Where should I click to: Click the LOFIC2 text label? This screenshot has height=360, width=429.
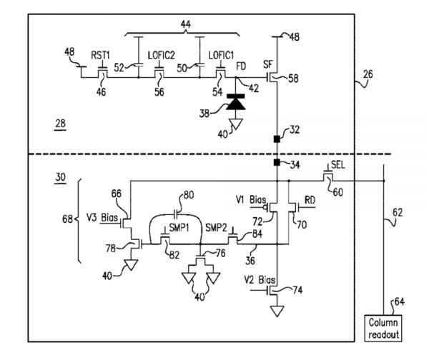pyautogui.click(x=162, y=54)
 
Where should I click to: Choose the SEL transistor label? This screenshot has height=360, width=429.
pyautogui.click(x=338, y=164)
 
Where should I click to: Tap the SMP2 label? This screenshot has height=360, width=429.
pyautogui.click(x=216, y=228)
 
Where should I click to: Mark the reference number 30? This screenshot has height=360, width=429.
pyautogui.click(x=60, y=176)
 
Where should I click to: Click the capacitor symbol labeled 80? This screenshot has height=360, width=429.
pyautogui.click(x=177, y=213)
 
